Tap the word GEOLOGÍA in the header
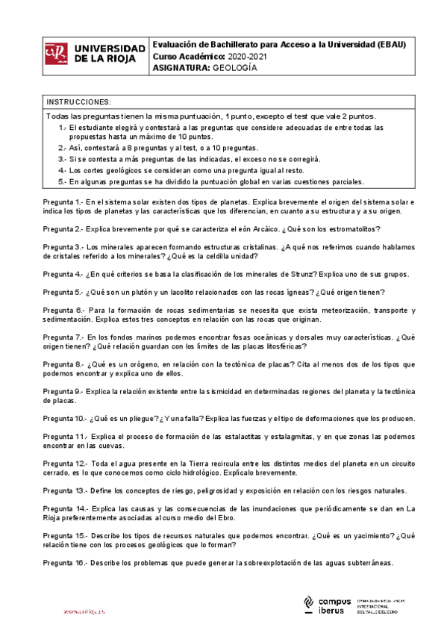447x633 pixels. [235, 67]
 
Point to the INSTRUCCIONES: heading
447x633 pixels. [78, 102]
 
